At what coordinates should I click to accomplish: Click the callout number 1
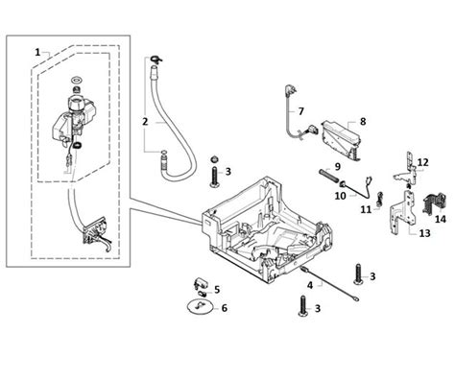(x=37, y=52)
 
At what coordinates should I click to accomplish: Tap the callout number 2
(x=145, y=122)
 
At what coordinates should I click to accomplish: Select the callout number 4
(x=310, y=285)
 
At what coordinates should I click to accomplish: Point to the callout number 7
(x=300, y=111)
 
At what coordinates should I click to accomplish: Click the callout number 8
(x=363, y=122)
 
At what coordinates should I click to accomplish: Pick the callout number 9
(x=338, y=167)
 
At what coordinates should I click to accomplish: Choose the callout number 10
(x=341, y=196)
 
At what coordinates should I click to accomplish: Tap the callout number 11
(x=366, y=210)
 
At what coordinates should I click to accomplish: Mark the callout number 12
(x=422, y=162)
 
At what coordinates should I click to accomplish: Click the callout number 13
(x=425, y=233)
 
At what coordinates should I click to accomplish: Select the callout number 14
(x=441, y=219)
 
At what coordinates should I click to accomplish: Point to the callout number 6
(x=225, y=308)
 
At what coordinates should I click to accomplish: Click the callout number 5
(x=217, y=290)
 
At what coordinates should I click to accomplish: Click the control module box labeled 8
(x=341, y=139)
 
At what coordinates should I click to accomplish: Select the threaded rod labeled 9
(x=329, y=177)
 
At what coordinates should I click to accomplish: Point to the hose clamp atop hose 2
(x=156, y=60)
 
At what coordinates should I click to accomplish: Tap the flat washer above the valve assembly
(x=77, y=79)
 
